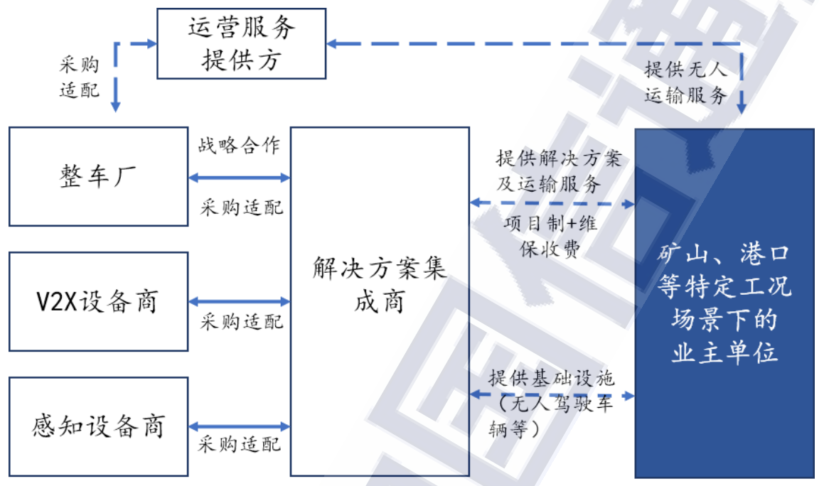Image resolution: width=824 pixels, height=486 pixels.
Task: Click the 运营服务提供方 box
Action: pyautogui.click(x=241, y=43)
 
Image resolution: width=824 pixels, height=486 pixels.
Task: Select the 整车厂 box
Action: pyautogui.click(x=98, y=176)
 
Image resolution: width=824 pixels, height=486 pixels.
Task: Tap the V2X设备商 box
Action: pyautogui.click(x=98, y=302)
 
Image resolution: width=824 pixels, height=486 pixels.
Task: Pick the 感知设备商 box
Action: pyautogui.click(x=98, y=426)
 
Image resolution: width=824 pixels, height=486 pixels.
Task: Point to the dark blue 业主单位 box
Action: pyautogui.click(x=724, y=303)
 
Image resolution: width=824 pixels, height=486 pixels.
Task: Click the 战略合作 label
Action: pyautogui.click(x=239, y=146)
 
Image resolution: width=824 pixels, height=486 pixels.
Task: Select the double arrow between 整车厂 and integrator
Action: pyautogui.click(x=239, y=177)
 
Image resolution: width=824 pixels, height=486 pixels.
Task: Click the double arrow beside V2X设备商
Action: pyautogui.click(x=239, y=302)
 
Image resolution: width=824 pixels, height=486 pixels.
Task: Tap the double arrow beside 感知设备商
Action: pyautogui.click(x=239, y=426)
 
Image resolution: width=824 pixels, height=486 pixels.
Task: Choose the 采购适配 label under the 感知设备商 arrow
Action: pyautogui.click(x=240, y=445)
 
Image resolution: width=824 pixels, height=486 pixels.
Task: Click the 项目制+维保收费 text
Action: pyautogui.click(x=551, y=236)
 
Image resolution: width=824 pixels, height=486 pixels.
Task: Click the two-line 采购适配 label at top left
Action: pyautogui.click(x=79, y=77)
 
